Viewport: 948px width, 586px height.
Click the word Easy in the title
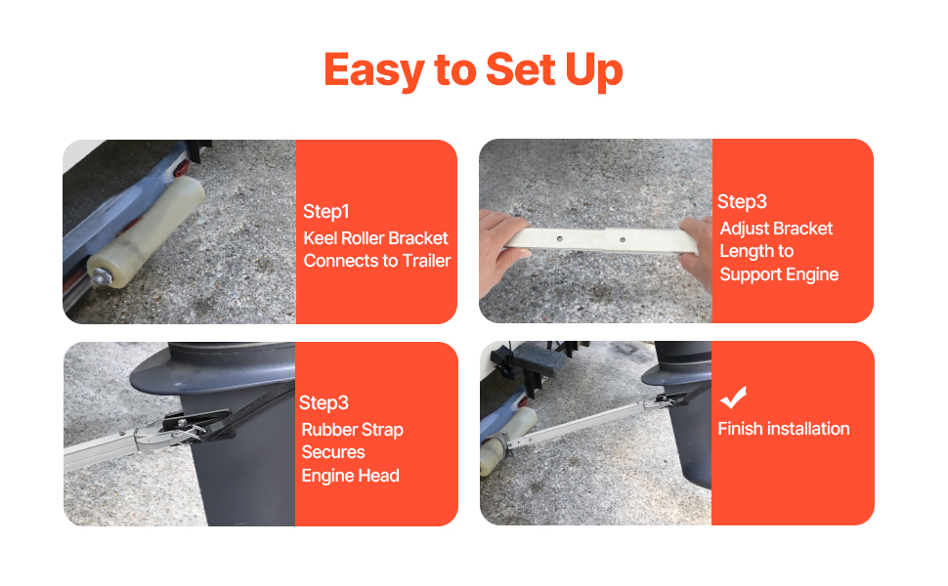pos(374,71)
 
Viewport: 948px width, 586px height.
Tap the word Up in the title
pos(593,71)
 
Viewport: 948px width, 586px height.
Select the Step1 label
pos(325,211)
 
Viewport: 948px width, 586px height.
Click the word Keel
pos(320,238)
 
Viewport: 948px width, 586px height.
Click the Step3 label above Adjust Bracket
pos(742,202)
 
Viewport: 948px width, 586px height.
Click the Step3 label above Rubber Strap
pos(323,403)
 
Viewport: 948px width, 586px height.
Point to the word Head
pos(381,476)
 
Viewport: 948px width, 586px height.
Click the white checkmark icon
pos(733,398)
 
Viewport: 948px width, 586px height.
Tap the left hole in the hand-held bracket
pos(560,238)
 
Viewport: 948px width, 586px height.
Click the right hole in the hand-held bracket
pos(623,240)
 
